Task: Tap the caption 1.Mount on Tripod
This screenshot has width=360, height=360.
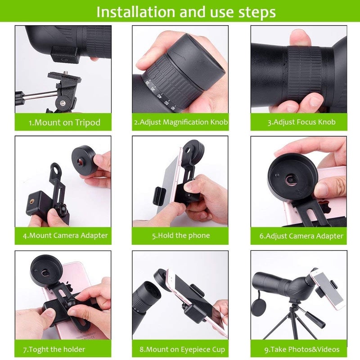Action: (x=64, y=122)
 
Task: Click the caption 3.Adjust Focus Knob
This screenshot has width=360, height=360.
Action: (x=301, y=122)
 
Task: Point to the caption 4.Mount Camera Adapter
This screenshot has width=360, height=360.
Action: (x=65, y=235)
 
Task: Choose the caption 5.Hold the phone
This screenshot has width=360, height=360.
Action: (x=181, y=235)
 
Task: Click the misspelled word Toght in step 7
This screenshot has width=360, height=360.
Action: (x=39, y=350)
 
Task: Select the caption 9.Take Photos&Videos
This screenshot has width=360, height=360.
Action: (x=301, y=350)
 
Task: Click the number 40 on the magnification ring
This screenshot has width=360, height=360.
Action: (x=160, y=95)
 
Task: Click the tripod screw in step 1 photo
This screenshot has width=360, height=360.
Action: (x=66, y=73)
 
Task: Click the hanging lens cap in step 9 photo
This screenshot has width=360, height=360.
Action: (x=259, y=307)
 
